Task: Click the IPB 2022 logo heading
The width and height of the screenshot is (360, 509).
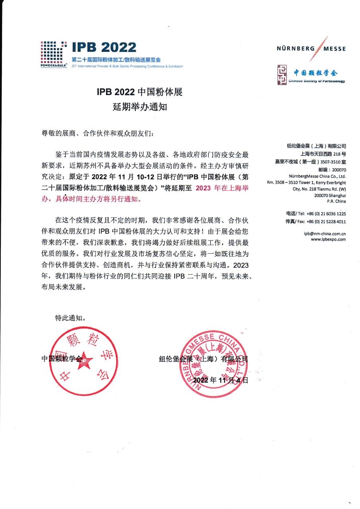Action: [x=104, y=47]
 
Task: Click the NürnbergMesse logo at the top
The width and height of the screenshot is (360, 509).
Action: [x=311, y=49]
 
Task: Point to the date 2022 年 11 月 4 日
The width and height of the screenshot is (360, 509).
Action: [x=220, y=381]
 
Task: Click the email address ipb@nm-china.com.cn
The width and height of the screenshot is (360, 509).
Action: [x=324, y=234]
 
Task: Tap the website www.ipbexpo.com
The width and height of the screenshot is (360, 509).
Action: [x=328, y=239]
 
